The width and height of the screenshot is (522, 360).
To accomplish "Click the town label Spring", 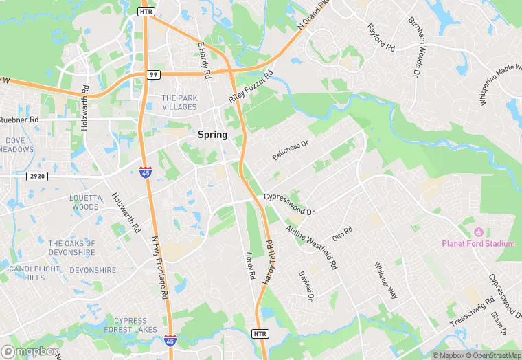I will tap(212, 135).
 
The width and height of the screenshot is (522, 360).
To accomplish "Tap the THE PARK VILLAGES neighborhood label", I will tap(179, 102).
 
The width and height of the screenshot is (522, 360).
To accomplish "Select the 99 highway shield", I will tap(152, 74).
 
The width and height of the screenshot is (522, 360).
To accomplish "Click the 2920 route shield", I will tap(38, 177).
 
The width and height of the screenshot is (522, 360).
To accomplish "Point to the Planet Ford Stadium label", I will tap(478, 243).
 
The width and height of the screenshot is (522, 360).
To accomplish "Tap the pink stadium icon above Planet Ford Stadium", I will tap(478, 231).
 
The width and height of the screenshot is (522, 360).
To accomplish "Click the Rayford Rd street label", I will tap(381, 39).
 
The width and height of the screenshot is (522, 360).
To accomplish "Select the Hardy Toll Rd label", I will tap(269, 264).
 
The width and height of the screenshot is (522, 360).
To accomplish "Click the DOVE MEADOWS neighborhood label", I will tap(16, 145).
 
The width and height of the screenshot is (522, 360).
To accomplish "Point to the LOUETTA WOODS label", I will tap(85, 202).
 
